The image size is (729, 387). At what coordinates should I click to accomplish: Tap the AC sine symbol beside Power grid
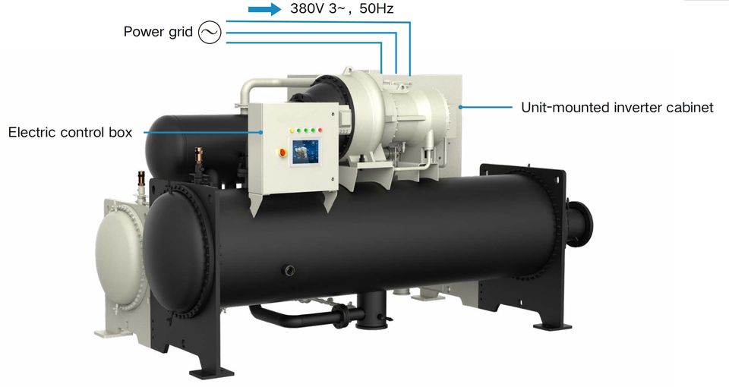pyautogui.click(x=209, y=33)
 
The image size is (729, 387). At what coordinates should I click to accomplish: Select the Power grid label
pyautogui.click(x=158, y=33)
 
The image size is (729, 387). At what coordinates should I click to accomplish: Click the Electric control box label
pyautogui.click(x=70, y=133)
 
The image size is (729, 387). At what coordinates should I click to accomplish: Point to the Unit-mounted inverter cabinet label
pyautogui.click(x=617, y=107)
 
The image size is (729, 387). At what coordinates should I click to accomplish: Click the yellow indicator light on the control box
pyautogui.click(x=292, y=131)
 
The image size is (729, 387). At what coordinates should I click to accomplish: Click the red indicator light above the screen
pyautogui.click(x=321, y=131)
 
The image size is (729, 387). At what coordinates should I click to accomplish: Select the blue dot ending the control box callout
pyautogui.click(x=260, y=133)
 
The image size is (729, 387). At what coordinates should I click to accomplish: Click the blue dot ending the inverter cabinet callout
pyautogui.click(x=460, y=107)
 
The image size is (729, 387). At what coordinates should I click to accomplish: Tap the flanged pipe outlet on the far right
pyautogui.click(x=587, y=220)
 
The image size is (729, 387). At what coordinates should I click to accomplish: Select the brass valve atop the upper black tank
pyautogui.click(x=200, y=156)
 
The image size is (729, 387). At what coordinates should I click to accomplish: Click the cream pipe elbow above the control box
pyautogui.click(x=251, y=91)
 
